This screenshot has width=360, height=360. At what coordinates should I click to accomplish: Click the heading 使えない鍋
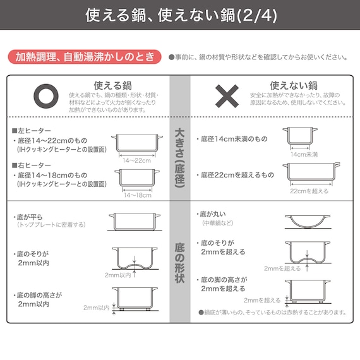tap(294, 84)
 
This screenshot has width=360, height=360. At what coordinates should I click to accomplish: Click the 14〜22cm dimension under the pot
tap(137, 160)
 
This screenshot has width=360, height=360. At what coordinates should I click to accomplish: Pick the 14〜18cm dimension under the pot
tap(137, 195)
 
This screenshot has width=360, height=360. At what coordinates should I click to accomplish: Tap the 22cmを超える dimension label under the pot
tap(309, 190)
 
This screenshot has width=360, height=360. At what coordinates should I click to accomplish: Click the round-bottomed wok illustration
tap(308, 221)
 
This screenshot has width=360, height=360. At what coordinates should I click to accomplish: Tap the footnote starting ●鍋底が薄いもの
tap(272, 311)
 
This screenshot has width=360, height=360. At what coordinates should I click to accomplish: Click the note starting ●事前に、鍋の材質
tap(258, 57)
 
